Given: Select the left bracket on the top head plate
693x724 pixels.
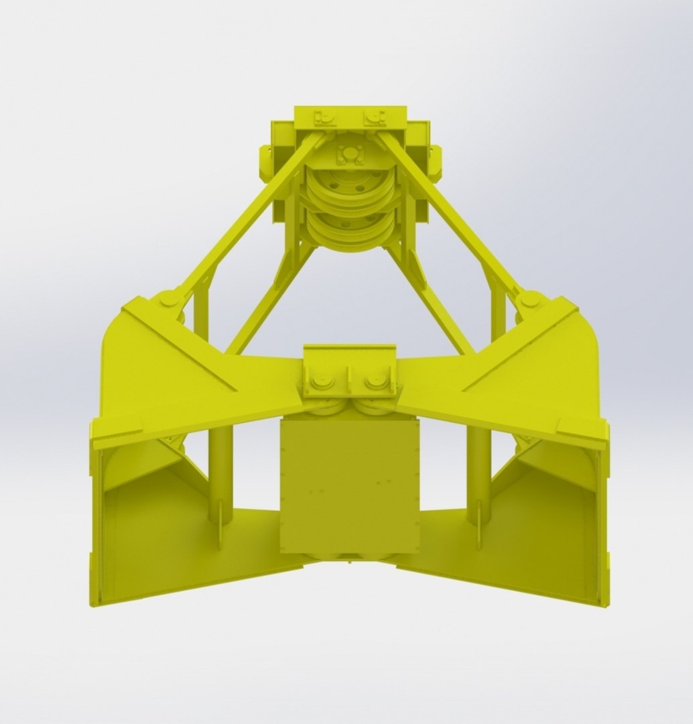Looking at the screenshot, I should [326, 118].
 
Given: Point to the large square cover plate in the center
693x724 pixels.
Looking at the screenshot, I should [349, 483].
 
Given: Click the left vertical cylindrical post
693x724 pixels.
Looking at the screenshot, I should [220, 469].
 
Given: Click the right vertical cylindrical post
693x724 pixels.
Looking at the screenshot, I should [479, 469].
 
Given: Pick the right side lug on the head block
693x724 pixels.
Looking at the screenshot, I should [435, 161].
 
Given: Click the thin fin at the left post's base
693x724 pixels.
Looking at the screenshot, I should [220, 533].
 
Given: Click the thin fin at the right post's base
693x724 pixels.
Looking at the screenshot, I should [479, 533].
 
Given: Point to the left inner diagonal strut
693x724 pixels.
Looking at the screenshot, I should [268, 302].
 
